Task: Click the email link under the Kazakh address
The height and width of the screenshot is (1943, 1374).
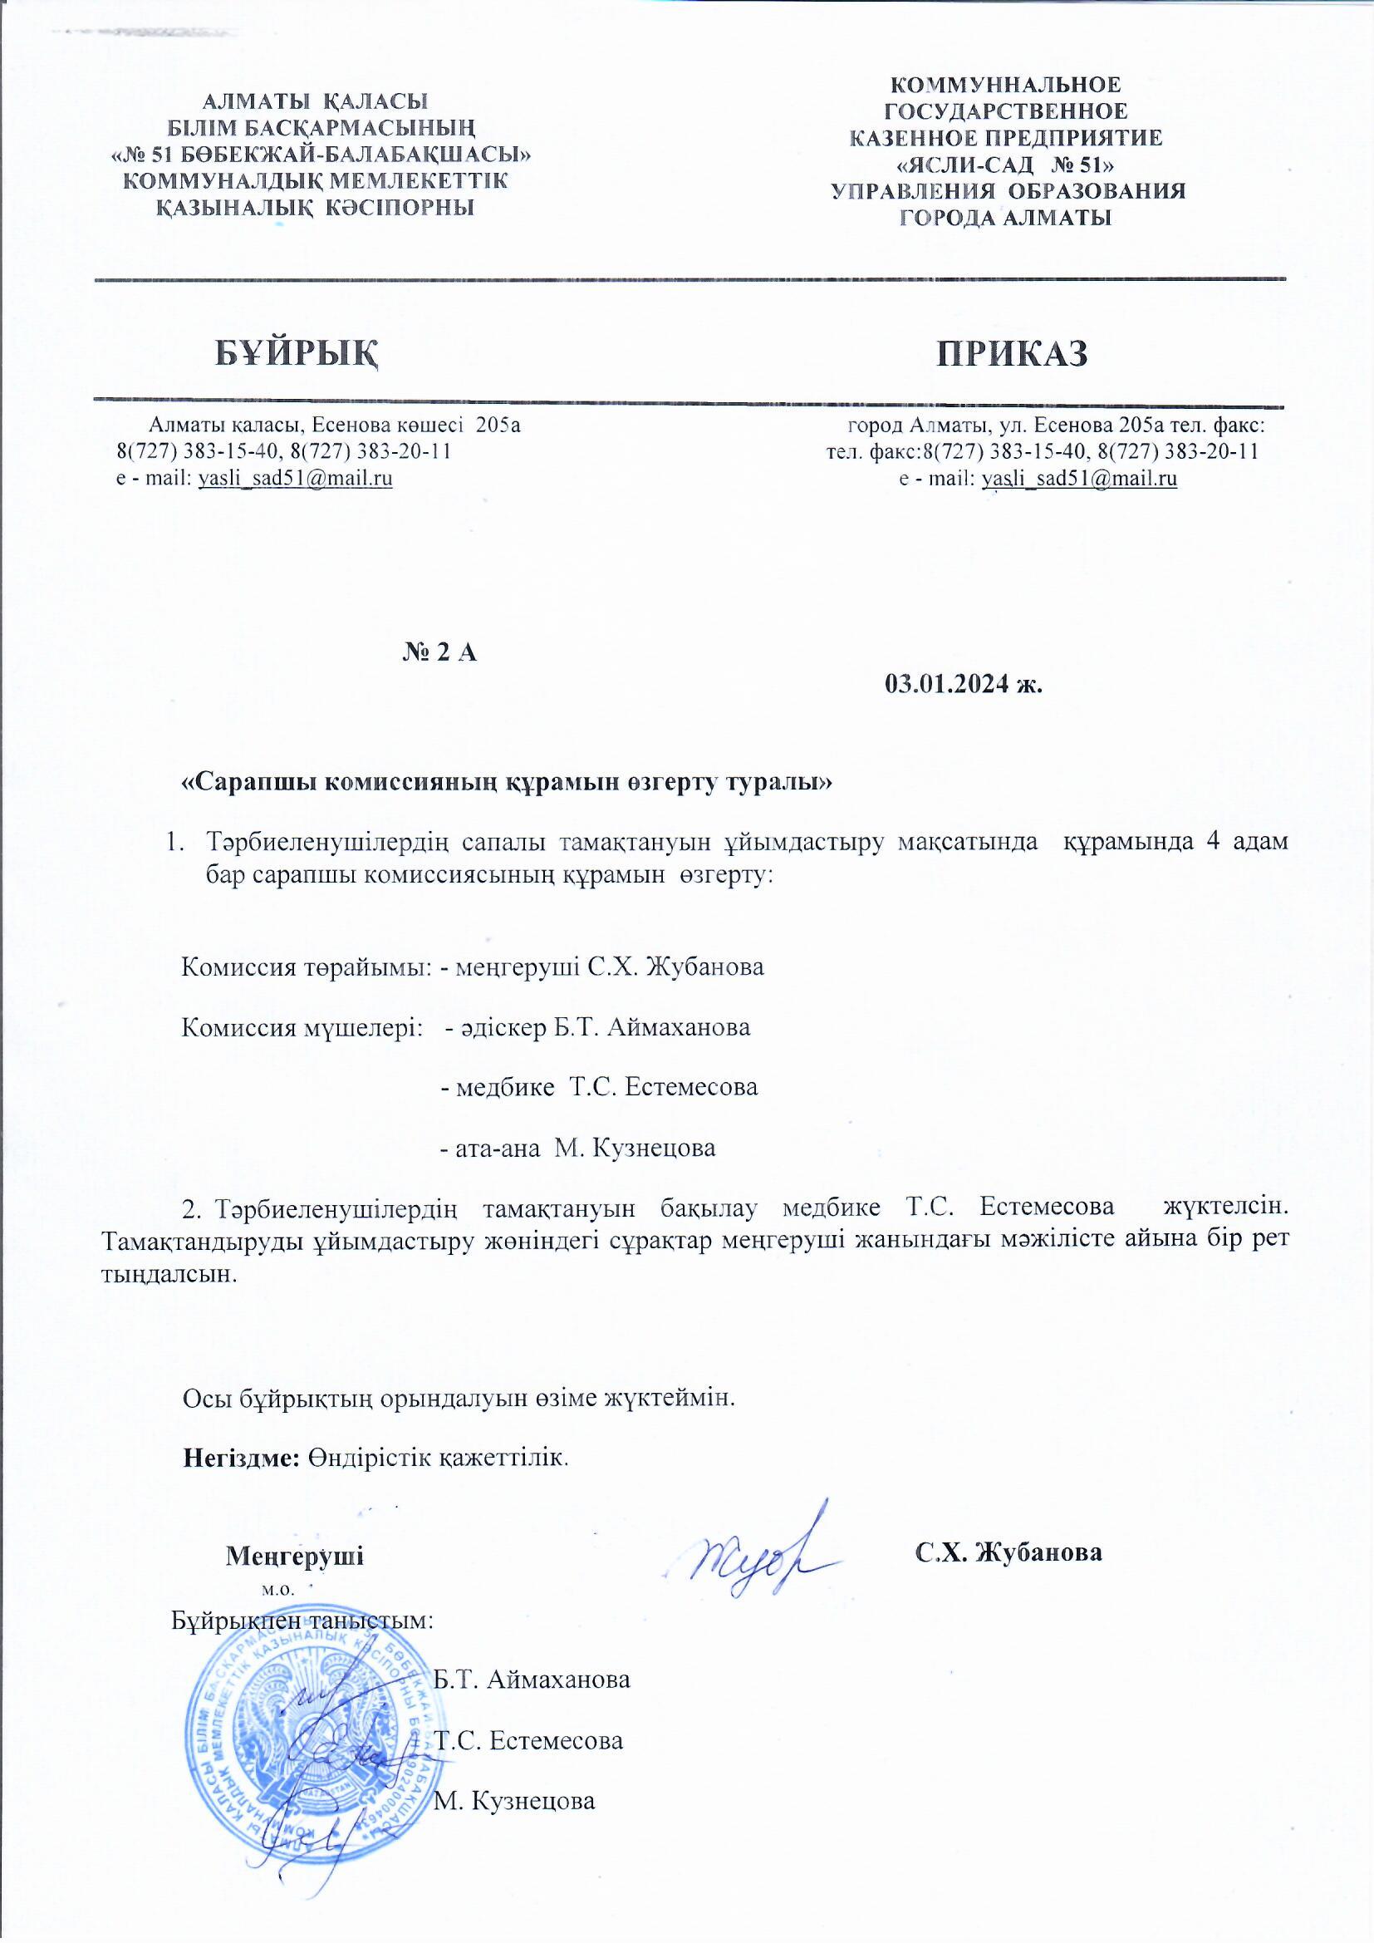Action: coord(295,479)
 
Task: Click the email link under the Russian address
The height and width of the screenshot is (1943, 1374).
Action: coord(1080,479)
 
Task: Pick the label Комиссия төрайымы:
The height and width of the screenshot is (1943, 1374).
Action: coord(308,967)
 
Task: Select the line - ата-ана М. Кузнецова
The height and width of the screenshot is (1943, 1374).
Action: coord(579,1149)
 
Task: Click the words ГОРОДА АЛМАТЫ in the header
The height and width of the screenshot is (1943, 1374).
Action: coord(1005,218)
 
